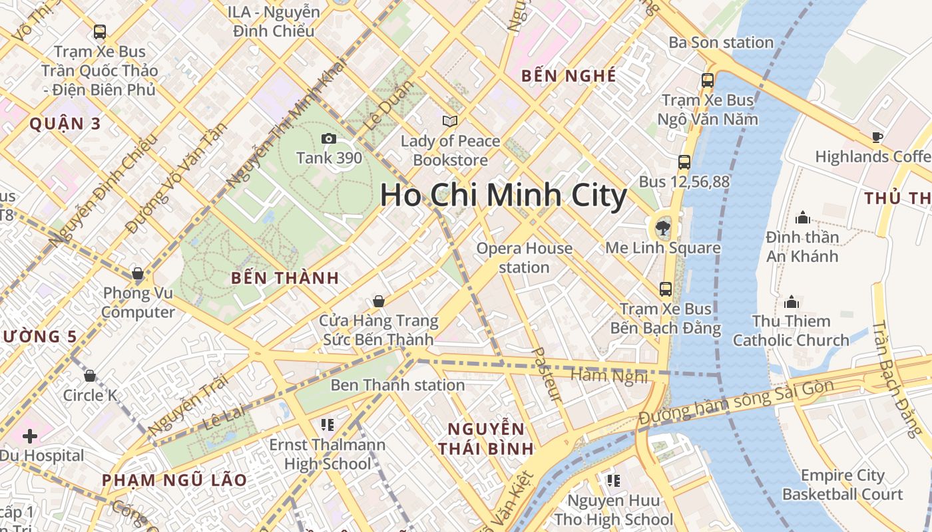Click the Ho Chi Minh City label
coord(503,196)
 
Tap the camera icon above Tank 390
coord(328,138)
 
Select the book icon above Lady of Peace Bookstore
coord(450,121)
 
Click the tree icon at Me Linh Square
coord(662,229)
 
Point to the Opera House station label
coord(524,258)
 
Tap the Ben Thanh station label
coord(397,385)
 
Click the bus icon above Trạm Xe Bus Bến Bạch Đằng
coord(665,289)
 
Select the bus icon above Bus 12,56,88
coord(684,162)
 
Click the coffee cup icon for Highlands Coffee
coord(877,138)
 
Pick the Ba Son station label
coord(721,43)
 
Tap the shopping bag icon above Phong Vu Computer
coord(137,273)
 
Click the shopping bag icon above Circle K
coord(90,376)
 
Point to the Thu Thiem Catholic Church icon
coord(791,302)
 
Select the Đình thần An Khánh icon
coord(802,217)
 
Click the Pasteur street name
coord(547,374)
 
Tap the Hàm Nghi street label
coord(609,376)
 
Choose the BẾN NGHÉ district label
coord(569,76)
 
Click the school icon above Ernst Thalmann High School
coord(327,424)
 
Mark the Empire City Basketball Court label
coord(842,485)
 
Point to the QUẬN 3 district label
coord(65,124)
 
